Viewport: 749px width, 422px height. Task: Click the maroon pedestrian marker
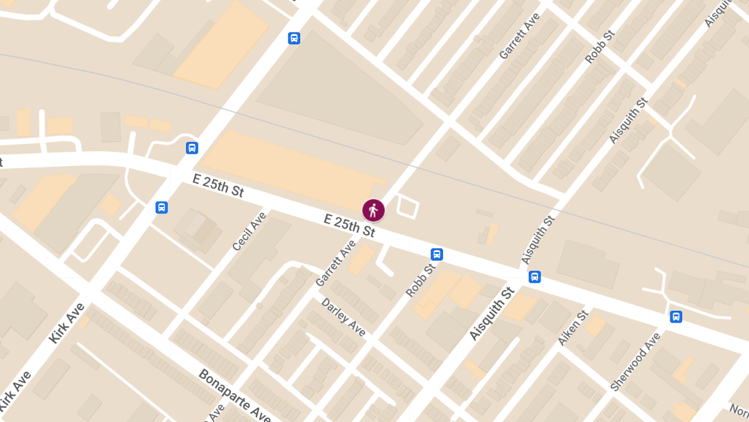(373, 210)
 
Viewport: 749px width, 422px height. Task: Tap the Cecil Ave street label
(249, 232)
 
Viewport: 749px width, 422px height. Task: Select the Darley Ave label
(343, 316)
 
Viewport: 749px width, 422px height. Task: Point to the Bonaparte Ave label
(234, 396)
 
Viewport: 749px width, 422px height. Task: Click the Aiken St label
(573, 328)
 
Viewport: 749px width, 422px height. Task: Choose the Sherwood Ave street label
(635, 362)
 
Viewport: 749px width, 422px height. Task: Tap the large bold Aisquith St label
(491, 313)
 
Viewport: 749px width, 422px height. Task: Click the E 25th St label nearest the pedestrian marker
(350, 225)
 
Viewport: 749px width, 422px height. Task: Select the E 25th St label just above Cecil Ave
(218, 186)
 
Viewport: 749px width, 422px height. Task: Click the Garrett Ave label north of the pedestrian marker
(519, 36)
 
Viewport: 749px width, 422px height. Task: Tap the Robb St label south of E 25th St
(420, 280)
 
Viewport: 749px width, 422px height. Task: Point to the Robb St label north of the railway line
(600, 46)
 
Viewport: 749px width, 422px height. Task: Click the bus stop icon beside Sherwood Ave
(675, 316)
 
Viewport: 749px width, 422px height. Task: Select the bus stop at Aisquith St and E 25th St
(534, 277)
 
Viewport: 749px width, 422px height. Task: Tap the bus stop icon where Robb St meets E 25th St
(437, 254)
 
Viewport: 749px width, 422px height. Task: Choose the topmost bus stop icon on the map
(294, 38)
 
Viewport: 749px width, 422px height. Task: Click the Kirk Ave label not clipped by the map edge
(66, 324)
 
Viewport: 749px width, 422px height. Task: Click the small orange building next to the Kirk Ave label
(84, 323)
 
